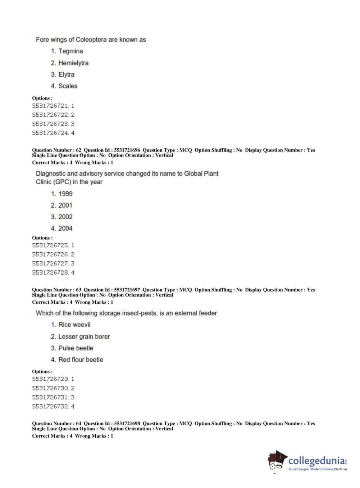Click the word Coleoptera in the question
click(x=91, y=40)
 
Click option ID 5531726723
click(x=50, y=124)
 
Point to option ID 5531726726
click(x=50, y=254)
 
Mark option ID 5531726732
click(x=50, y=406)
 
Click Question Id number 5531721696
click(x=127, y=150)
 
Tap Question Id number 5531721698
click(x=127, y=424)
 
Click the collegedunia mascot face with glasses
click(x=276, y=462)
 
